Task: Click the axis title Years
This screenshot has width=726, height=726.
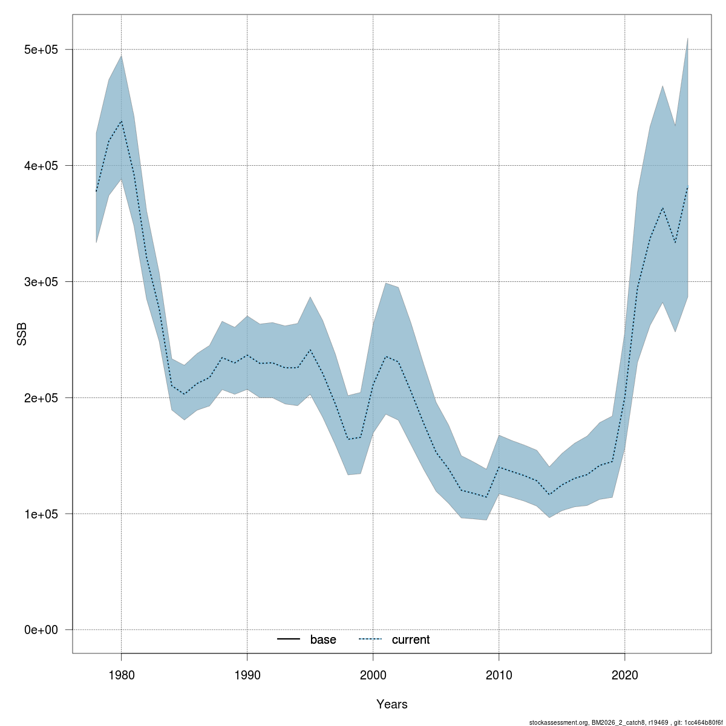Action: [391, 704]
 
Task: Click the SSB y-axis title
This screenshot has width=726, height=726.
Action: [22, 335]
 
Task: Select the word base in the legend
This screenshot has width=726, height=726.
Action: [323, 640]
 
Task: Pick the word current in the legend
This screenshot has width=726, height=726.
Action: [411, 640]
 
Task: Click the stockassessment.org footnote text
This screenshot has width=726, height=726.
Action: [626, 722]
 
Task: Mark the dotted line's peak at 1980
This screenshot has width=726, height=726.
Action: [121, 122]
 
